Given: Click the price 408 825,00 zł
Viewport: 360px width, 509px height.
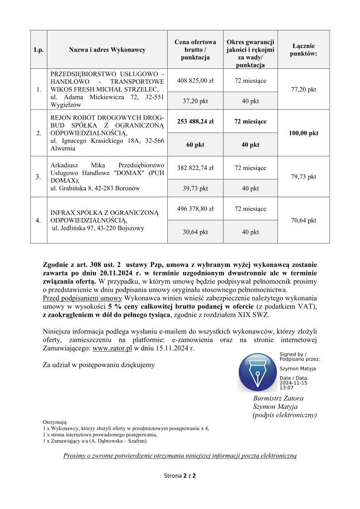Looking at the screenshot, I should (195, 81).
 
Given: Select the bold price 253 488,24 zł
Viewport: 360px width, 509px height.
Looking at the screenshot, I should (195, 121).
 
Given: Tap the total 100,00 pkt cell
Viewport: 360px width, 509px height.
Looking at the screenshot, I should (303, 133).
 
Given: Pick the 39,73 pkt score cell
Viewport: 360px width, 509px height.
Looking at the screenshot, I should (195, 189).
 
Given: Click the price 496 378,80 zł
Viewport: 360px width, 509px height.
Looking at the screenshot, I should (195, 209).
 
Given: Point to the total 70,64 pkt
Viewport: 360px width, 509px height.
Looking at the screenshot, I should (303, 221).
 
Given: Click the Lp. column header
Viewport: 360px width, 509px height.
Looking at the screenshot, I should (39, 50).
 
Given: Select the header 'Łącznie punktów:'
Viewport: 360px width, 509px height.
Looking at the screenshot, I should (303, 50).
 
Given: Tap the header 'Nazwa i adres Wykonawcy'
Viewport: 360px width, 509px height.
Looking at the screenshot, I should (107, 50).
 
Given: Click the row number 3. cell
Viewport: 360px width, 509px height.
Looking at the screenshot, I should (39, 177).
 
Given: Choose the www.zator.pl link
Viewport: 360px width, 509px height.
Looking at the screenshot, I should (112, 349).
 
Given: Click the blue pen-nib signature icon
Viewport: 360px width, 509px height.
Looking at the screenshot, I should (257, 373).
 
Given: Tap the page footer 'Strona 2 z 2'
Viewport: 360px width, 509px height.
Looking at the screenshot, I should (180, 476).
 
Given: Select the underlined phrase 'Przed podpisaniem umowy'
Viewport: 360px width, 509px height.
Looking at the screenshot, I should (82, 298).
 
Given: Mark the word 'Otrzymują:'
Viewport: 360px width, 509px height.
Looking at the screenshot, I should (55, 422).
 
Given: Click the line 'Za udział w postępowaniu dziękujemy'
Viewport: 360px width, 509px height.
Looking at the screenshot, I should (98, 364).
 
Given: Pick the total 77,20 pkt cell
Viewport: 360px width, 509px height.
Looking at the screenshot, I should (303, 89).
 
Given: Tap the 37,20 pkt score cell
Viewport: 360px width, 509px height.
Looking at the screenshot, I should (195, 101).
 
